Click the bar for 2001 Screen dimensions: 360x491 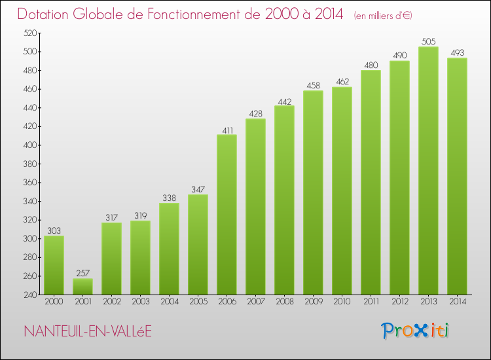tap(82, 287)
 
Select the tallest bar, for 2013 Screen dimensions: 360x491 tap(428, 170)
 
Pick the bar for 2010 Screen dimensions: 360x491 tap(342, 190)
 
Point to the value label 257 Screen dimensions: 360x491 tap(82, 274)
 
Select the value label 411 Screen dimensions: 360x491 tap(227, 130)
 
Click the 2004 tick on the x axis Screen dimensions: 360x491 tap(169, 302)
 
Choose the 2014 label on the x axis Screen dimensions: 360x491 tap(457, 302)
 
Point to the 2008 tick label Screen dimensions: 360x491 tap(284, 302)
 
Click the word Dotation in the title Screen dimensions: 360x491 tap(45, 14)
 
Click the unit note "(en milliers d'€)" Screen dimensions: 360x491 tap(382, 16)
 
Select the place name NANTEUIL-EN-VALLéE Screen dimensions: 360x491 tap(86, 331)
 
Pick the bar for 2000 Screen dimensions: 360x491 tap(54, 265)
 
